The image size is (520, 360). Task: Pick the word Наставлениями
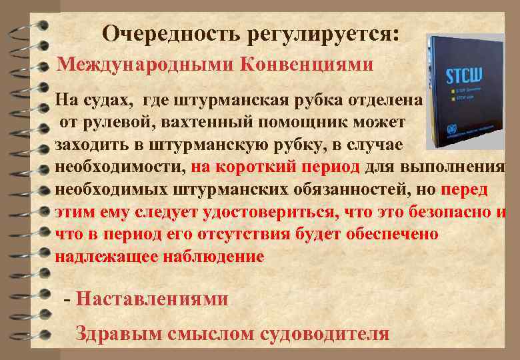(x=152, y=299)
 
